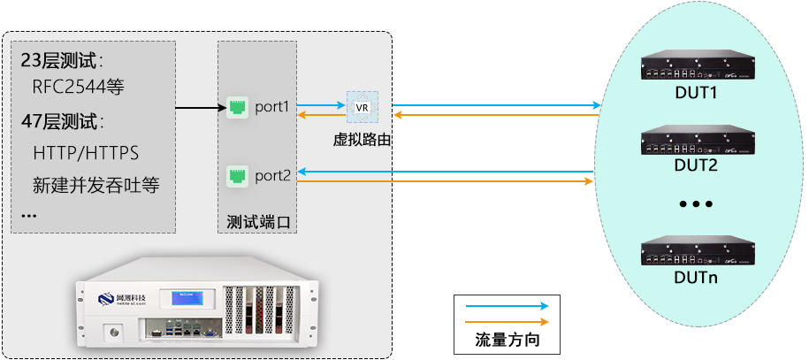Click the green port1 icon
click(x=236, y=107)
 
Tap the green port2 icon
click(x=236, y=175)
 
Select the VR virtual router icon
click(x=361, y=107)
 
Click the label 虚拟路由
click(x=361, y=139)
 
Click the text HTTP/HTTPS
click(x=86, y=153)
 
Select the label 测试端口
click(x=257, y=220)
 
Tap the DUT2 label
click(x=695, y=165)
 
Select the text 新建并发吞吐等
click(x=101, y=186)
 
